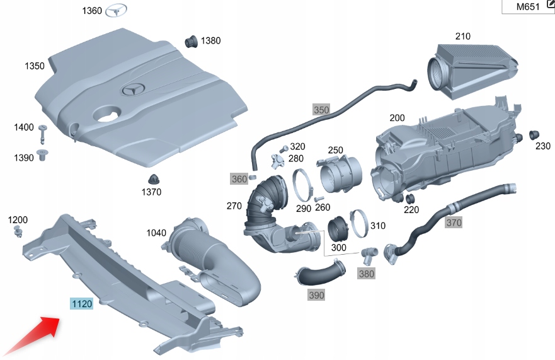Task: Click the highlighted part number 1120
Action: [82, 304]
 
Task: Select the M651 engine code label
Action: [528, 7]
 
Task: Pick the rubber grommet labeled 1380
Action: [190, 42]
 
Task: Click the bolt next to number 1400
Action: [43, 133]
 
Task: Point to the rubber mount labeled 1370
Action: [153, 179]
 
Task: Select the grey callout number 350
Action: [321, 110]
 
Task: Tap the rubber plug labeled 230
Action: [534, 135]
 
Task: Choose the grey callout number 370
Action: [454, 222]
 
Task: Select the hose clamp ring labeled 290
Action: [303, 186]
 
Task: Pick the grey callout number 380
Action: [366, 273]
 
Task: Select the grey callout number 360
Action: [239, 179]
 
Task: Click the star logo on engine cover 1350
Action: [134, 90]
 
